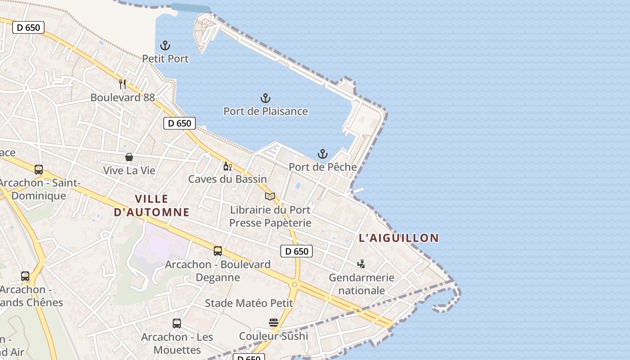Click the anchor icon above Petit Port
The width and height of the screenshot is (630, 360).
point(165,45)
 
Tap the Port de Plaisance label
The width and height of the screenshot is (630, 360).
point(265,111)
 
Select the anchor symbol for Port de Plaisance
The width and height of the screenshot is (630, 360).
point(265,98)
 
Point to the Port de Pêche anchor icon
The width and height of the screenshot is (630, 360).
point(323,154)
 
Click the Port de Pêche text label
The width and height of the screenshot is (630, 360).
point(323,167)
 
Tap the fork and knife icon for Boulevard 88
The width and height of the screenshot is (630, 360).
point(122,84)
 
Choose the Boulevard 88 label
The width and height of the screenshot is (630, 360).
point(122,97)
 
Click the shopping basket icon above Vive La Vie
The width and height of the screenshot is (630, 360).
point(129,157)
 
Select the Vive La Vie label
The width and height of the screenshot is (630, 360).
point(129,171)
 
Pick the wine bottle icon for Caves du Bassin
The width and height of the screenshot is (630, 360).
point(227,166)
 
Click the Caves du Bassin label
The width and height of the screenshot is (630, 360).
point(227,179)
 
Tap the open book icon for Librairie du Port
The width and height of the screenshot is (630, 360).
point(270,196)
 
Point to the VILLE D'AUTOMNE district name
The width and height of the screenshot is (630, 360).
point(152,205)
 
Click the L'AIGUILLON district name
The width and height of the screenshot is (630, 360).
point(399,238)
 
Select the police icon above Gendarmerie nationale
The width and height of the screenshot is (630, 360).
point(361,264)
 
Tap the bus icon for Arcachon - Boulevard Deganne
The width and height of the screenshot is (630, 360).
point(218,251)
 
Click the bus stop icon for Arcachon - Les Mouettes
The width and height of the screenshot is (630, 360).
point(177,324)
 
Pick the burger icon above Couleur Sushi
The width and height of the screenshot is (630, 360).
point(274,323)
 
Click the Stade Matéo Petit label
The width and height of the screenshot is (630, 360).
point(249,303)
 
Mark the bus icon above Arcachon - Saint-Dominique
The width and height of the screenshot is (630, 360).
point(39,170)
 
